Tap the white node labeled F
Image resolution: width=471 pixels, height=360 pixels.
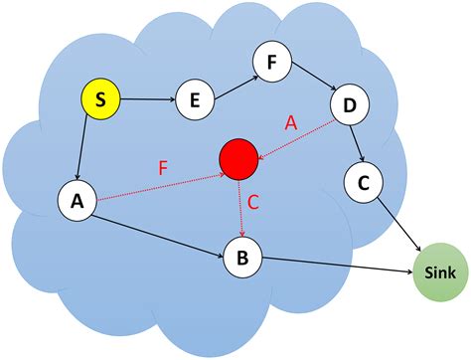(x=271, y=61)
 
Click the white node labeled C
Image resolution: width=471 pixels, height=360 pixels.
(x=364, y=182)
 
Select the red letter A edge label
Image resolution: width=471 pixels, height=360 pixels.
(x=291, y=121)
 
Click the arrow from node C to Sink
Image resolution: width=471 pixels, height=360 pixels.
(x=398, y=225)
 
